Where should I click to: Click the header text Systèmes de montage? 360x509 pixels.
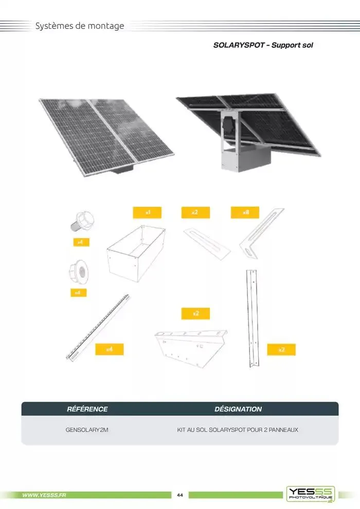pos(80,26)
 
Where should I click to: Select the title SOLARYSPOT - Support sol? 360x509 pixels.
pos(263,45)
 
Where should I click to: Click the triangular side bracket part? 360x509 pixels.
pos(190,347)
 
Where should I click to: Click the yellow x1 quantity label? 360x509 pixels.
pos(148,212)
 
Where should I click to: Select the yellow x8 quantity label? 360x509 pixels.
pos(244,212)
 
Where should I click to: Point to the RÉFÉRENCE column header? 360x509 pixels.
pos(87,409)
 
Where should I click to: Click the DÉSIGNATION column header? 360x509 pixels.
pos(238,409)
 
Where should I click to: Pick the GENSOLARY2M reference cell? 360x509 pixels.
pos(87,429)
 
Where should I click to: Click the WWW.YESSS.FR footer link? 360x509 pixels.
pos(44,495)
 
